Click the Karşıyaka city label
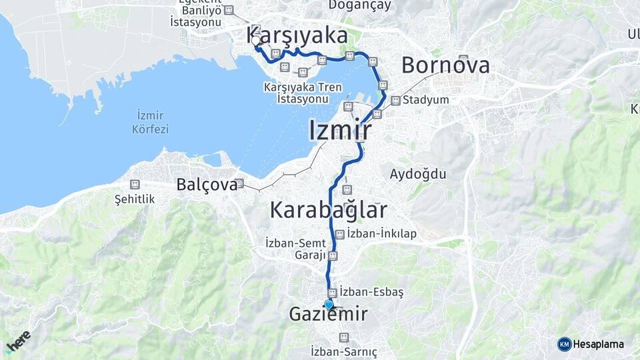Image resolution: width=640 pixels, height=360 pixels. point(297,35)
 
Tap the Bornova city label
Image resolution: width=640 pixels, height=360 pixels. point(445,65)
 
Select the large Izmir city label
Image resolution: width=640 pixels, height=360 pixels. point(340,131)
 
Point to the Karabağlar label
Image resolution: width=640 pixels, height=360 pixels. point(328,210)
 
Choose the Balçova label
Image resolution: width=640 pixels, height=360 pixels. point(207,185)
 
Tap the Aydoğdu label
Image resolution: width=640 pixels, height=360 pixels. point(418,174)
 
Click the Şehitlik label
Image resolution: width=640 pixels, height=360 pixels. point(135,199)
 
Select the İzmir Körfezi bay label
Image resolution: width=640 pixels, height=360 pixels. point(150,122)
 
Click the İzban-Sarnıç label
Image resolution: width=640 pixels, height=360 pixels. point(344,351)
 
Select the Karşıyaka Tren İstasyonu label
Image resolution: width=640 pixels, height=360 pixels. point(303,93)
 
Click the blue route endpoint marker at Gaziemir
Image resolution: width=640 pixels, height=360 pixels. point(329,305)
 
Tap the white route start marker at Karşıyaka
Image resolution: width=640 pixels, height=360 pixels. point(256,41)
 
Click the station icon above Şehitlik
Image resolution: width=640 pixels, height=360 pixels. point(135,184)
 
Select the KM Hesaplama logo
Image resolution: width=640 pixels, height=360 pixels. point(591,344)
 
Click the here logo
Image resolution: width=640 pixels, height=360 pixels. point(18,342)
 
